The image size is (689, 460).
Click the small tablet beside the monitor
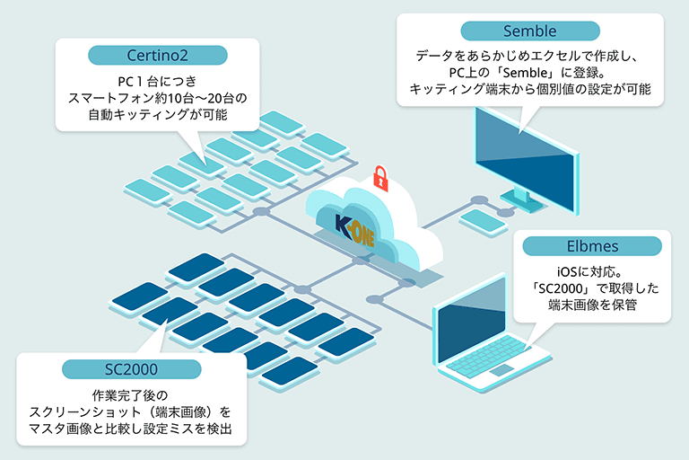point(482,220)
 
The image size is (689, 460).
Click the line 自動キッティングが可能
point(157,115)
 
